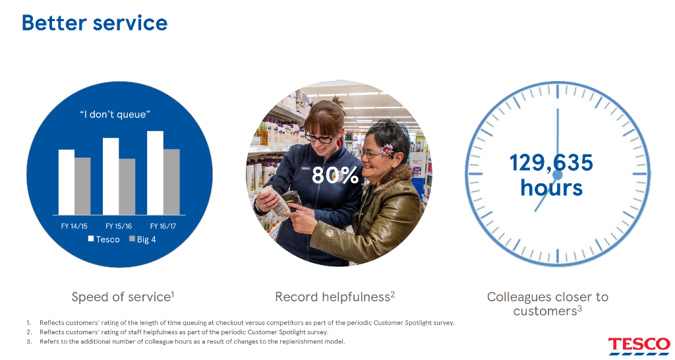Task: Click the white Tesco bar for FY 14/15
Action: pyautogui.click(x=67, y=182)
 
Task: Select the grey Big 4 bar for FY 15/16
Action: pyautogui.click(x=127, y=187)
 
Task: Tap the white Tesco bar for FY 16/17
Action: pyautogui.click(x=155, y=173)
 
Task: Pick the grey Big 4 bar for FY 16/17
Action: pyautogui.click(x=172, y=182)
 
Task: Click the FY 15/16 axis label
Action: pyautogui.click(x=119, y=226)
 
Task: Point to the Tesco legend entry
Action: pyautogui.click(x=103, y=239)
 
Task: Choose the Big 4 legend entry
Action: pyautogui.click(x=142, y=239)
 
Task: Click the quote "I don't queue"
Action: pyautogui.click(x=115, y=115)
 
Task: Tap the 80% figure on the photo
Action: pyautogui.click(x=335, y=175)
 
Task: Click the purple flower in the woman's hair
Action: pyautogui.click(x=388, y=150)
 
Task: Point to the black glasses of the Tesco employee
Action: pyautogui.click(x=319, y=138)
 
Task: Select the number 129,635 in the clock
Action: pyautogui.click(x=551, y=163)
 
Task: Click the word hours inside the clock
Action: pyautogui.click(x=552, y=187)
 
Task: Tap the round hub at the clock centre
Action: pyautogui.click(x=558, y=175)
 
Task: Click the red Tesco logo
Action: pyautogui.click(x=639, y=346)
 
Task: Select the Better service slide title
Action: pyautogui.click(x=95, y=23)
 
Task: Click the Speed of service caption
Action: pyautogui.click(x=123, y=297)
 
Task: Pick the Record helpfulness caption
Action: pyautogui.click(x=335, y=297)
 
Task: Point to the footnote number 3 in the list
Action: pyautogui.click(x=29, y=342)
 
